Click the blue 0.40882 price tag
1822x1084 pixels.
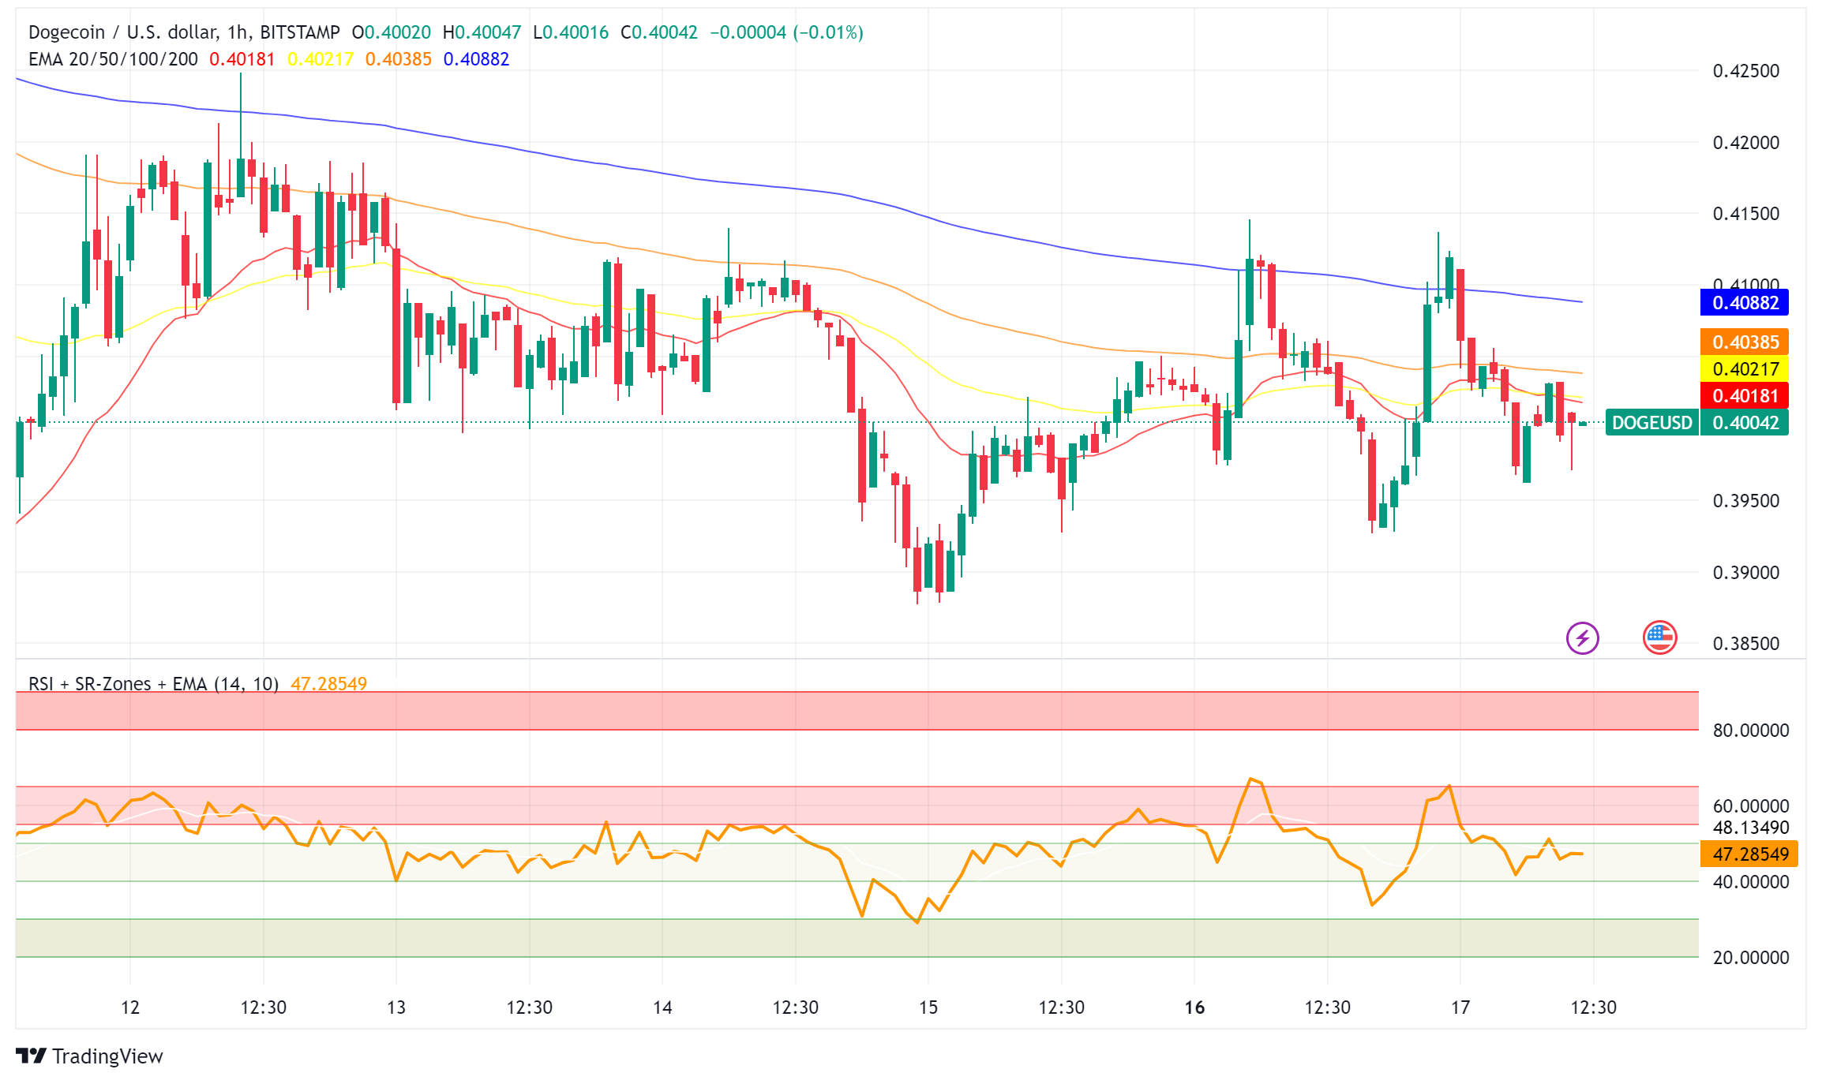[1744, 303]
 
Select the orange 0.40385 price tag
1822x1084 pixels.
[1744, 342]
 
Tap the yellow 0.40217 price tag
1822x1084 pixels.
[1744, 369]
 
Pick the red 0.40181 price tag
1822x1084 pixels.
[1744, 396]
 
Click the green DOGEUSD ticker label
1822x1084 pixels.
[1651, 423]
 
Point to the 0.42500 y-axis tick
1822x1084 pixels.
[1745, 71]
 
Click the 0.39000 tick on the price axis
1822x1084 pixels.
[1745, 573]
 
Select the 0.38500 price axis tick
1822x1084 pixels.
[1745, 644]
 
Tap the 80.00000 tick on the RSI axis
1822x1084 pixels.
[1750, 731]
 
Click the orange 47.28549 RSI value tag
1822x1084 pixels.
[1749, 854]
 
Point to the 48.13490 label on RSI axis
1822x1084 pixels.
[1750, 828]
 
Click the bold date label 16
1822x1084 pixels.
[1194, 1007]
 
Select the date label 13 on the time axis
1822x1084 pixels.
[396, 1007]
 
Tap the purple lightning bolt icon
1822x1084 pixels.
[1582, 638]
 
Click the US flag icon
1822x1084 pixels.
[1659, 638]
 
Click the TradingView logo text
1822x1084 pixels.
[107, 1056]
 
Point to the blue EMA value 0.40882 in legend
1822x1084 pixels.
[476, 59]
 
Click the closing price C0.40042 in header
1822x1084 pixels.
[659, 32]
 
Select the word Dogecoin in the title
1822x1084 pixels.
[66, 32]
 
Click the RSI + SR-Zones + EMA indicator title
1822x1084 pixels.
[153, 684]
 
